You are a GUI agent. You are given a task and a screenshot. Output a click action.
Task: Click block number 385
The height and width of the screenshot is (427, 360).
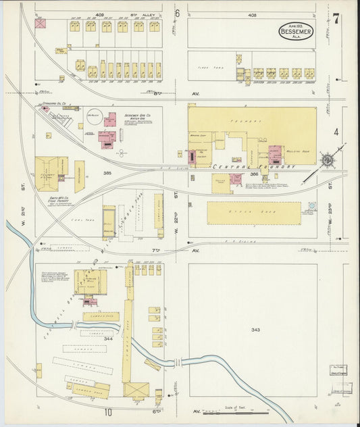(107, 173)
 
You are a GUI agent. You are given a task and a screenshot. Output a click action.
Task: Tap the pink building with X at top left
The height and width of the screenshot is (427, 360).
(41, 24)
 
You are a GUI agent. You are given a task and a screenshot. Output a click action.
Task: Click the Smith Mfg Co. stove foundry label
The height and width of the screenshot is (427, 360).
(53, 200)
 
